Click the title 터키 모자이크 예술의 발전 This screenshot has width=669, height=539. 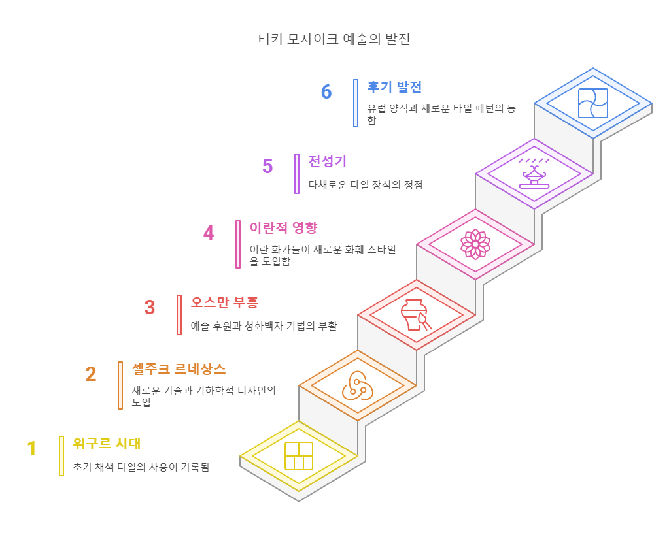[x=334, y=39]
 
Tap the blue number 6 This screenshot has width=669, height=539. [x=326, y=92]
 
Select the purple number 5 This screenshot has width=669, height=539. [x=267, y=167]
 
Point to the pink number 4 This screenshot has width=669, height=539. [x=209, y=233]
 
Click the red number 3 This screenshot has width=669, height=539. [x=150, y=307]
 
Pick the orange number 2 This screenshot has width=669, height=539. [x=91, y=374]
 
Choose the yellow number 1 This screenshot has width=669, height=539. [x=32, y=449]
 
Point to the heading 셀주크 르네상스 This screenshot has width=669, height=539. [x=179, y=368]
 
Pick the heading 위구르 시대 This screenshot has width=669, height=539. [x=107, y=444]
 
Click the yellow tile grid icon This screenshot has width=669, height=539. [x=299, y=455]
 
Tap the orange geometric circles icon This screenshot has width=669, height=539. [x=358, y=385]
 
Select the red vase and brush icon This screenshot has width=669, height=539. [x=417, y=314]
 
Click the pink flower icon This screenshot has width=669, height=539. [x=475, y=244]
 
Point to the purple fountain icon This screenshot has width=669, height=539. [x=534, y=173]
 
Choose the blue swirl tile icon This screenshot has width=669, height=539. [x=593, y=103]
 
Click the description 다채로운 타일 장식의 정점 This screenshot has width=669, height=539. [x=366, y=185]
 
